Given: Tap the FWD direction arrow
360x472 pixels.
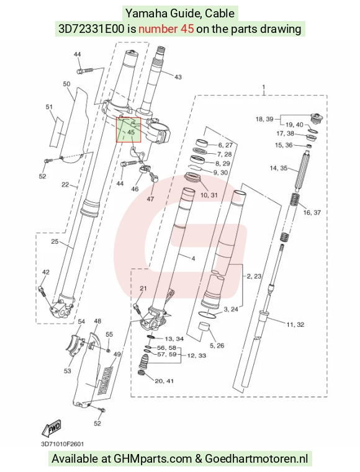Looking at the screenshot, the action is [52, 427].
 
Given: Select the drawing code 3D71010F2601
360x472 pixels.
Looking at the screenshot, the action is [63, 444].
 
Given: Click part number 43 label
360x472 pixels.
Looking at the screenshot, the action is [178, 77].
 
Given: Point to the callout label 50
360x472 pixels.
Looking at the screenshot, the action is [66, 84].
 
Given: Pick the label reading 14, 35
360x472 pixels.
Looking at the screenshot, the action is [278, 168].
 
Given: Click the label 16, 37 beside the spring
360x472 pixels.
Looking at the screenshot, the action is [312, 213].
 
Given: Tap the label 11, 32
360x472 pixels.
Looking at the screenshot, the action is [295, 324].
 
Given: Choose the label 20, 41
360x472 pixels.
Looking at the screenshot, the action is [164, 381].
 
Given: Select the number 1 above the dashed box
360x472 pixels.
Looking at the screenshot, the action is [264, 87].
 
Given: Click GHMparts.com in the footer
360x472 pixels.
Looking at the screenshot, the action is [153, 459].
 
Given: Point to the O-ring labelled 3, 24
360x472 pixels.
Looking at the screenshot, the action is [209, 314].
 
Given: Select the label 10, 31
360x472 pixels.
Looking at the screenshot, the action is [209, 195].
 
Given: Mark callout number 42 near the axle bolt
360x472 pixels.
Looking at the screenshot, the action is [45, 272].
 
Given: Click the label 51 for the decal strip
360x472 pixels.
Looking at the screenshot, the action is [49, 107].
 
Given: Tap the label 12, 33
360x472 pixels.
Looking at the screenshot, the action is [196, 355].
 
